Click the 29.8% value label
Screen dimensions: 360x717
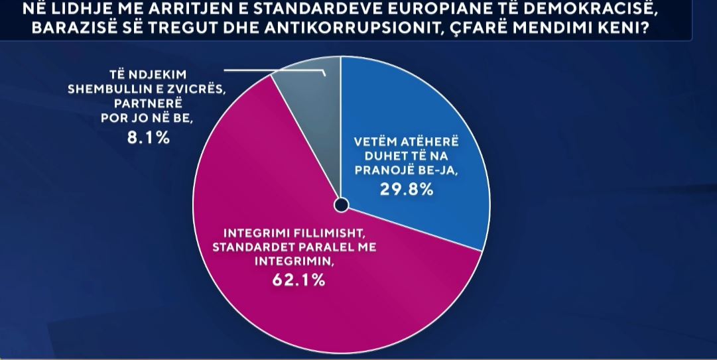[407, 190]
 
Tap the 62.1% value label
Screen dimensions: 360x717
[298, 280]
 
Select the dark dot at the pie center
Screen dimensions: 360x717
[340, 206]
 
